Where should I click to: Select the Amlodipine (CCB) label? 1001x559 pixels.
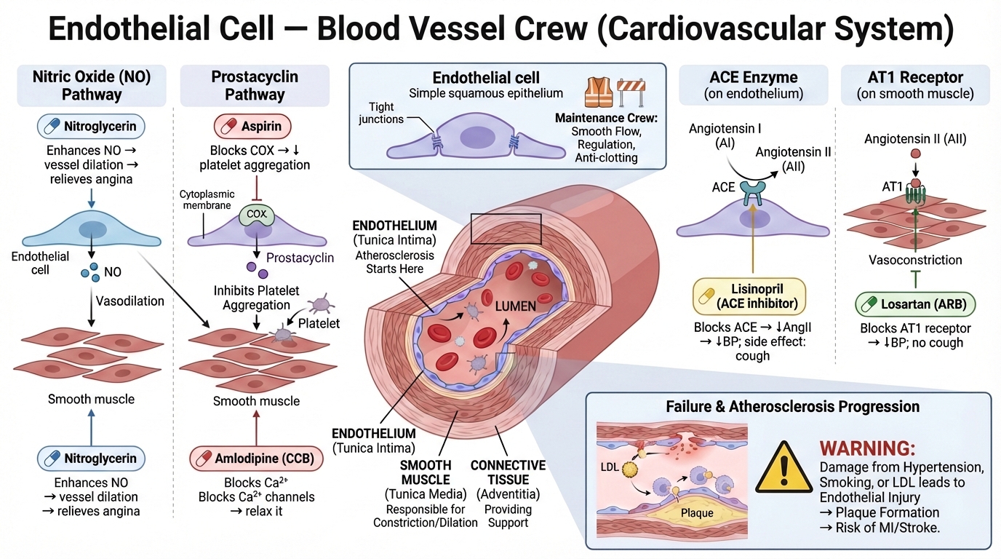(255, 459)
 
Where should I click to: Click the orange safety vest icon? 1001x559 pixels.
(599, 90)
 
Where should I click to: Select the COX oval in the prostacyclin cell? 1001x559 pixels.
(256, 215)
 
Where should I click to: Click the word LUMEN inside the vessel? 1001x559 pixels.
(515, 306)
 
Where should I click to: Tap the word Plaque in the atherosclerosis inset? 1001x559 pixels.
(696, 512)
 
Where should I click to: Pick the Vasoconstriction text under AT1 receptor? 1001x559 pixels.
(915, 259)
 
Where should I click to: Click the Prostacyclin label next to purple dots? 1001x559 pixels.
(300, 258)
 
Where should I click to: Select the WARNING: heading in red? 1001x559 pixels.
(867, 448)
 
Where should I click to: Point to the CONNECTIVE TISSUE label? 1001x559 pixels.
(508, 472)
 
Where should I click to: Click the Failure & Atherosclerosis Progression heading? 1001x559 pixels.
(792, 406)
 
